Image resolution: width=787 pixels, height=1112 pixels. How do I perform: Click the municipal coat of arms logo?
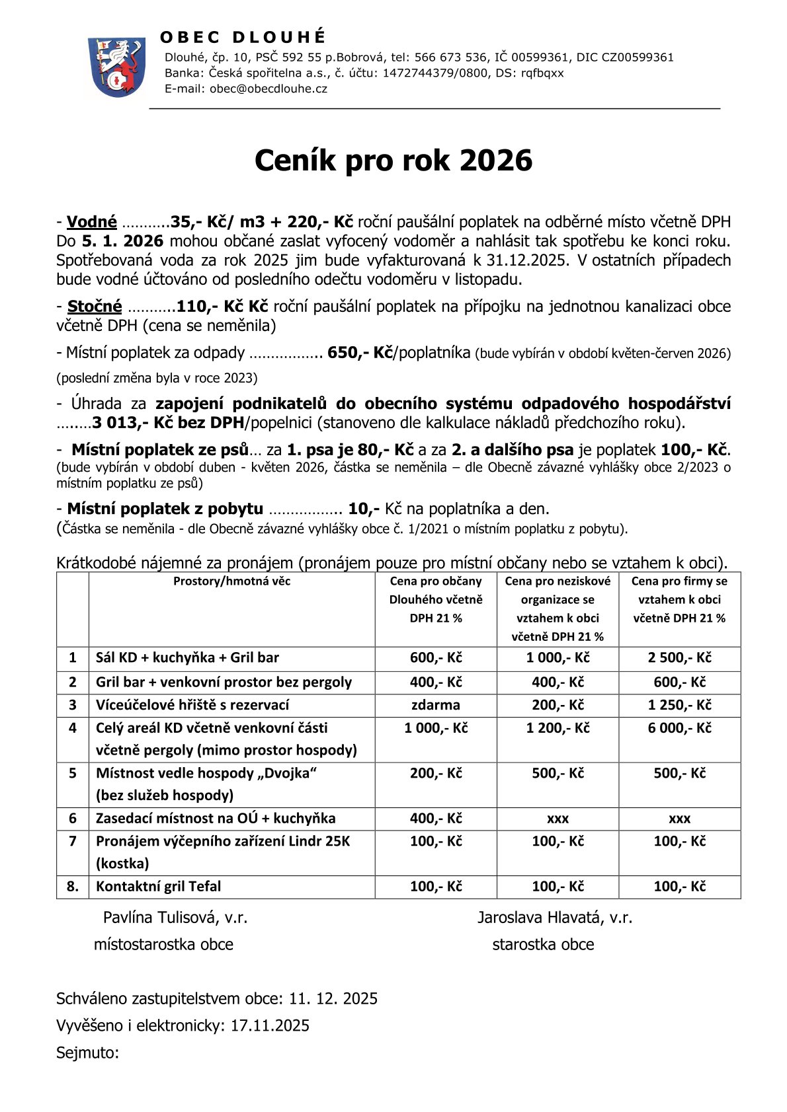[x=116, y=67]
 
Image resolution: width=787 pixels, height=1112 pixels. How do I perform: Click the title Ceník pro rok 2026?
[x=393, y=161]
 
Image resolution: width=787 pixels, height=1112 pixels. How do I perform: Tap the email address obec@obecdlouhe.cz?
[x=268, y=89]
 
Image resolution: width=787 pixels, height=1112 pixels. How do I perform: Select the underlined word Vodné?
[x=92, y=222]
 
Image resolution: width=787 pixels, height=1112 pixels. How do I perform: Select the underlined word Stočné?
[x=95, y=307]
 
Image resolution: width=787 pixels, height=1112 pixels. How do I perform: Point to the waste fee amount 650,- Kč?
[x=360, y=353]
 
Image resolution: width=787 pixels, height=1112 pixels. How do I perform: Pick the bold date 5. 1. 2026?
[x=122, y=241]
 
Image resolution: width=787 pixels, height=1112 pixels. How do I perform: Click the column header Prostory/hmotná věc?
[x=231, y=581]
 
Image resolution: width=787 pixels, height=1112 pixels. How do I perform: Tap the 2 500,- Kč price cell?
[x=679, y=658]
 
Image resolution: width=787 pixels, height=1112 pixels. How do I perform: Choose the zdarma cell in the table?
[x=435, y=705]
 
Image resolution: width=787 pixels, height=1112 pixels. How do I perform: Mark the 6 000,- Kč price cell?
[x=679, y=728]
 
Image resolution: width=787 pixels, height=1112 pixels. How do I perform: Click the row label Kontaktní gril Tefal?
[x=158, y=887]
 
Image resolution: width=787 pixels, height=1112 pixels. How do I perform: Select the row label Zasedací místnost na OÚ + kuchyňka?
[x=216, y=819]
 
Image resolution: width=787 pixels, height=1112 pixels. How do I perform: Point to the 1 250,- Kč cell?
[x=679, y=705]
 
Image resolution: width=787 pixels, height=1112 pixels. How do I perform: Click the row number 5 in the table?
[x=73, y=773]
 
